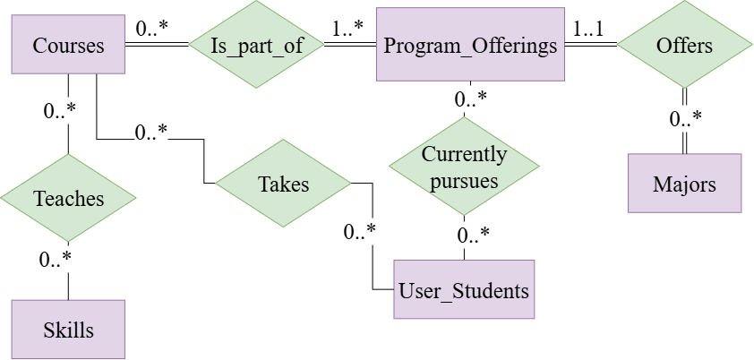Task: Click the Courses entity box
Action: point(68,45)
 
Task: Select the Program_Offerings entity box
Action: point(470,45)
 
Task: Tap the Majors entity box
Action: point(684,184)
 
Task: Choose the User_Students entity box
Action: point(464,290)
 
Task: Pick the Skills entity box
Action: point(68,330)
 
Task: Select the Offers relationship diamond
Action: point(684,45)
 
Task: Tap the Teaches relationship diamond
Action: point(68,198)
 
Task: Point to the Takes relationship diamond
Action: point(283,184)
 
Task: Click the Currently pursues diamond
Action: point(464,167)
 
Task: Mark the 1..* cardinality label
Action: point(347,28)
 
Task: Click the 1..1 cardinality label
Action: point(587,28)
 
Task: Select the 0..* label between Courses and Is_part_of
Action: point(153,28)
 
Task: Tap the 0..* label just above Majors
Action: point(685,119)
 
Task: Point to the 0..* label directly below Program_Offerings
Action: point(470,99)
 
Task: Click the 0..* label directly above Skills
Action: point(55,260)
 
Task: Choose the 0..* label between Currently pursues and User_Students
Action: point(473,236)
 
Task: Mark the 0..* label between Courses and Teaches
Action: point(59,112)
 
